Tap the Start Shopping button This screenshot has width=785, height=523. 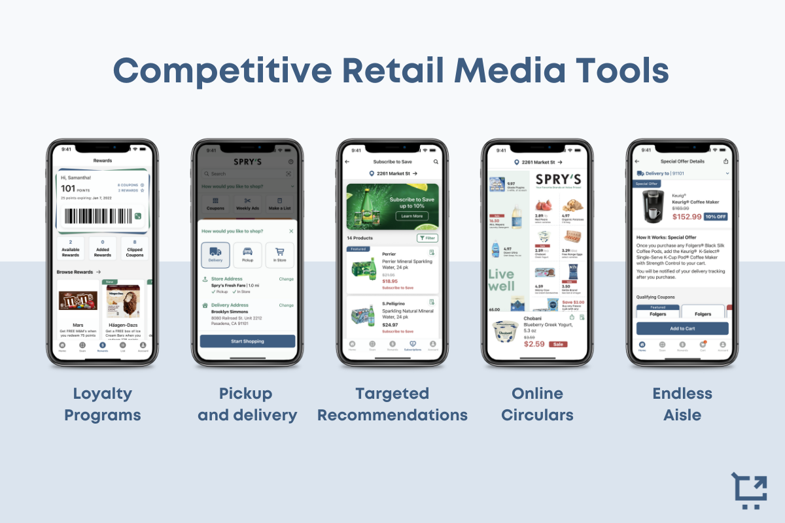pyautogui.click(x=247, y=341)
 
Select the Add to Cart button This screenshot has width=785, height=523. pyautogui.click(x=682, y=328)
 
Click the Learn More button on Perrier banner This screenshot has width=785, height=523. pyautogui.click(x=411, y=216)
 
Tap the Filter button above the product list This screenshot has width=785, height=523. pyautogui.click(x=428, y=238)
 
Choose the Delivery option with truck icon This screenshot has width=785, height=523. pyautogui.click(x=215, y=254)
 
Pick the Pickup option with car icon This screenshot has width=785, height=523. pyautogui.click(x=247, y=254)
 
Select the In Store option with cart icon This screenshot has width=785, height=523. pyautogui.click(x=279, y=254)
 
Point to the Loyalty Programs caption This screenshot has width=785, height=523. pyautogui.click(x=102, y=404)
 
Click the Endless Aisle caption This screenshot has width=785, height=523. pyautogui.click(x=682, y=404)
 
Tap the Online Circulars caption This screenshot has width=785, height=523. pyautogui.click(x=537, y=404)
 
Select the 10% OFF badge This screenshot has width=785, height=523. pyautogui.click(x=715, y=216)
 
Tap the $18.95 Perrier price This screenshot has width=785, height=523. pyautogui.click(x=391, y=280)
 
